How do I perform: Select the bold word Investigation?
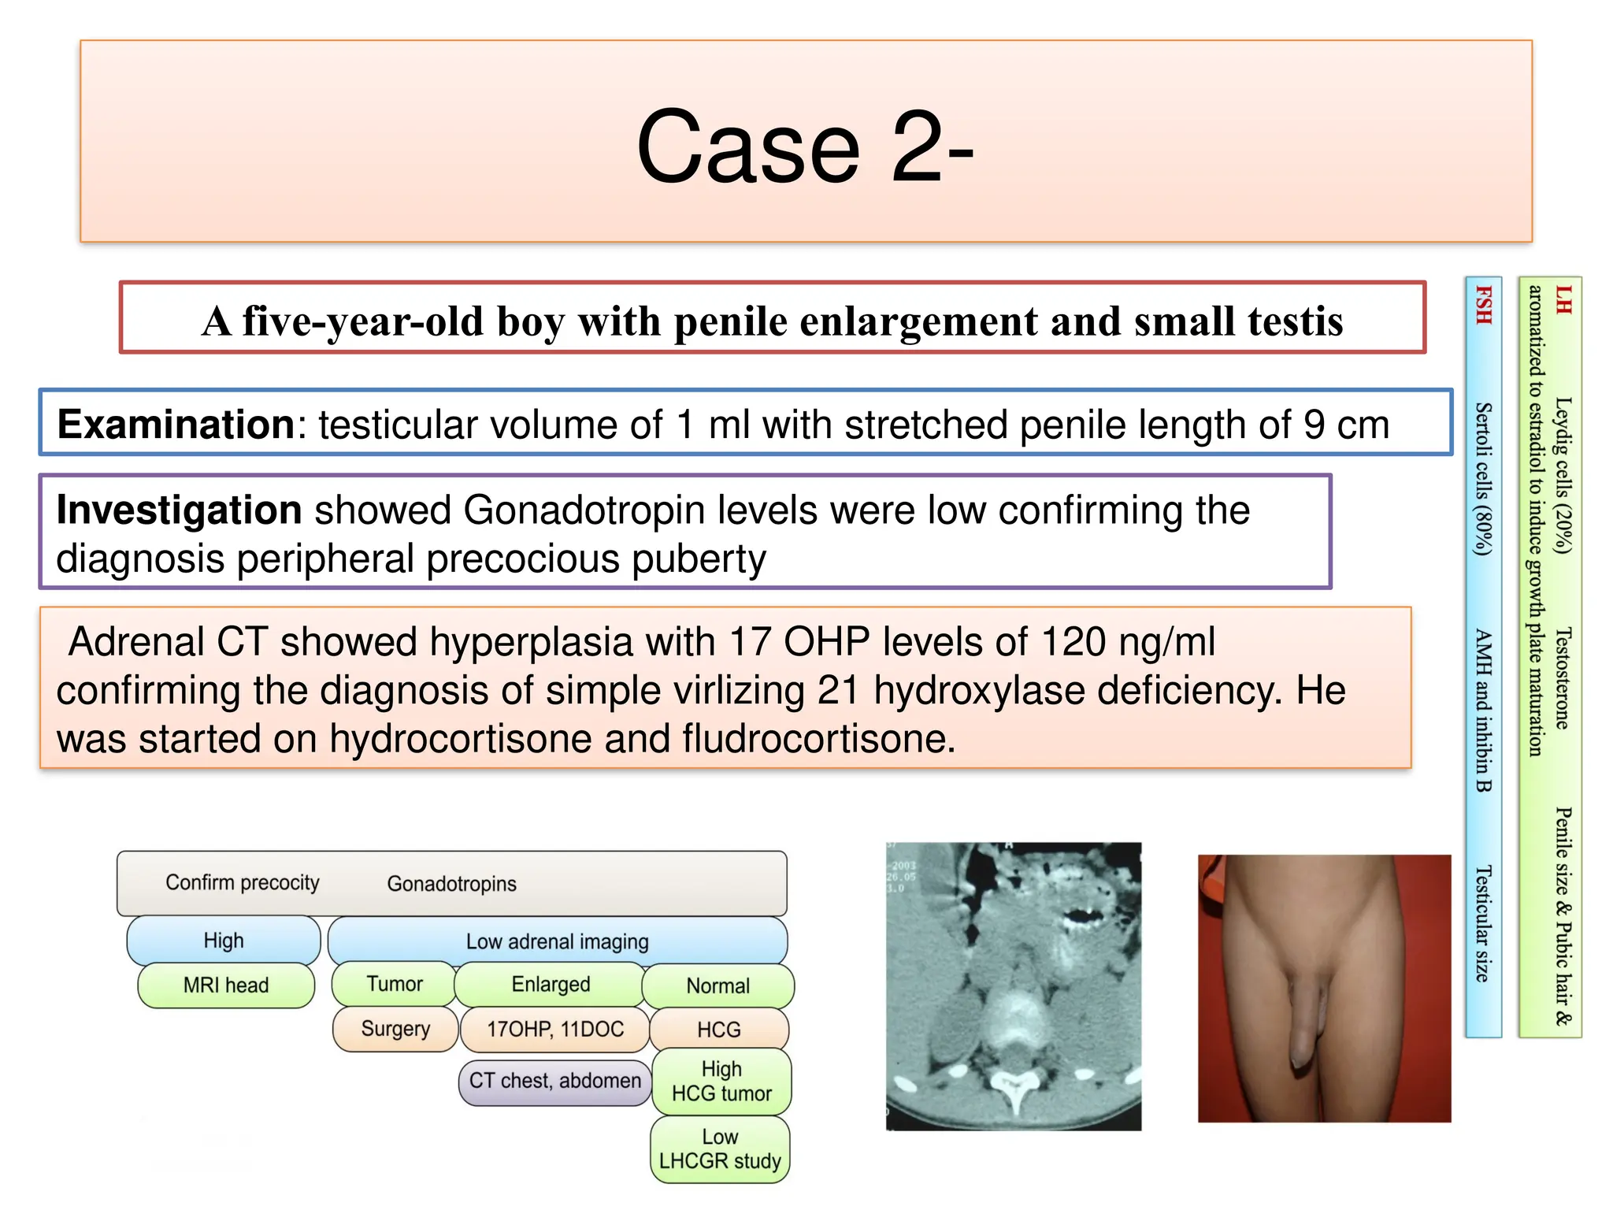179,510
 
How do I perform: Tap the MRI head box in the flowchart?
226,985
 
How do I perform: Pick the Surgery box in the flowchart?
395,1029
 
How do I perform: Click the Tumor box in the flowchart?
394,984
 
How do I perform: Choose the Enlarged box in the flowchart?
551,984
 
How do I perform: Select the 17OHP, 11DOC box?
554,1029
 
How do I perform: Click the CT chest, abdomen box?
554,1080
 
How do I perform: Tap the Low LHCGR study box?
720,1149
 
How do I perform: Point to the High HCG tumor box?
721,1081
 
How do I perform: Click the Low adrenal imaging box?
557,941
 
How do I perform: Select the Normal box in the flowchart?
718,985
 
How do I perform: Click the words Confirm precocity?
243,882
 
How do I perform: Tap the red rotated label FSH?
1483,305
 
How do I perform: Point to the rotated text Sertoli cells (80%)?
1483,479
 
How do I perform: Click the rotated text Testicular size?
1483,923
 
